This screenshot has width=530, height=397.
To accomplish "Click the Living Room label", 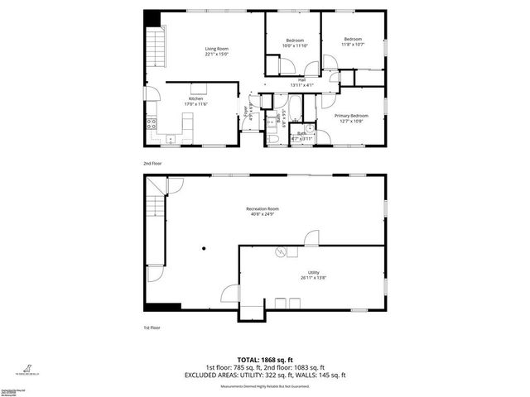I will click(217, 52).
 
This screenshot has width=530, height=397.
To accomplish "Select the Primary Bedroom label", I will click(350, 118).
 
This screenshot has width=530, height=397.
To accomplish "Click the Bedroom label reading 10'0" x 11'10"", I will click(295, 43).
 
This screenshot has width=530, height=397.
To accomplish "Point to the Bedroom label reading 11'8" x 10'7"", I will click(353, 41).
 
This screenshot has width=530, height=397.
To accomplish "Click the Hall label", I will click(301, 82).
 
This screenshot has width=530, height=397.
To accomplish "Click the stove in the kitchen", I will click(152, 125).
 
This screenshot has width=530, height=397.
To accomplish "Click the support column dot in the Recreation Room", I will click(204, 247).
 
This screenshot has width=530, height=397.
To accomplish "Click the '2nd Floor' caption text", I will click(152, 163).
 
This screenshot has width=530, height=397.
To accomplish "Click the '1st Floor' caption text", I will click(151, 328).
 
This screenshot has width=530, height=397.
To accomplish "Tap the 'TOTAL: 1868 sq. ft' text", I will click(265, 361).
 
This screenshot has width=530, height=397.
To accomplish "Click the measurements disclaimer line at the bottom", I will click(265, 386).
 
